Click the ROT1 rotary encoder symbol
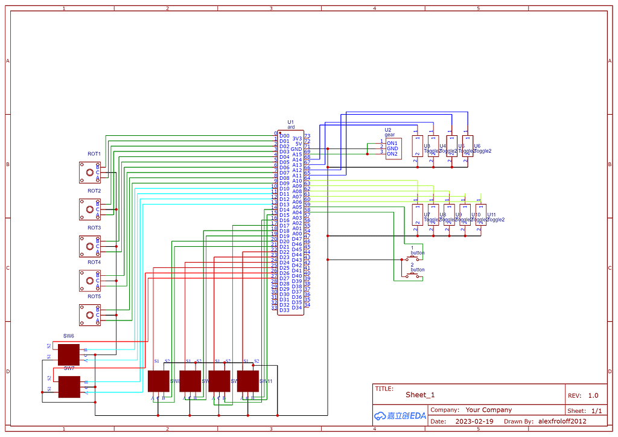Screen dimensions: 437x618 [89, 173]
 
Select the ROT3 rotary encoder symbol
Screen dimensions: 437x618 [89, 246]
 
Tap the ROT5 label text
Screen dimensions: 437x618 [94, 296]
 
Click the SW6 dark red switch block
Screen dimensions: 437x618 [69, 354]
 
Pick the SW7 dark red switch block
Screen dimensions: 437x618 [69, 387]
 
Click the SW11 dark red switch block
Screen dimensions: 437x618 [247, 381]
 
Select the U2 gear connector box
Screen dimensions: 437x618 [393, 148]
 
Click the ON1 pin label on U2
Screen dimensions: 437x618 [392, 143]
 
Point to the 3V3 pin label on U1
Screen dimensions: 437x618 [297, 139]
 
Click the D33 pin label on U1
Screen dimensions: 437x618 [284, 310]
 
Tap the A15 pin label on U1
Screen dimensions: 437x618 [297, 155]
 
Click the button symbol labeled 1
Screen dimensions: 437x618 [413, 259]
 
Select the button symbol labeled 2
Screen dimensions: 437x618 [413, 276]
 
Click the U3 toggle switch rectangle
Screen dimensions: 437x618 [417, 146]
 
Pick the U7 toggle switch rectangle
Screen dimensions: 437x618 [417, 215]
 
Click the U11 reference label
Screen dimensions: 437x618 [492, 215]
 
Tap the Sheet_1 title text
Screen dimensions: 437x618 [420, 395]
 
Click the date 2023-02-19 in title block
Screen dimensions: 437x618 [474, 421]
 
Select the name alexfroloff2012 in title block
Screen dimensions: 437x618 [562, 421]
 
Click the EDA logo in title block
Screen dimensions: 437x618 [400, 415]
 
